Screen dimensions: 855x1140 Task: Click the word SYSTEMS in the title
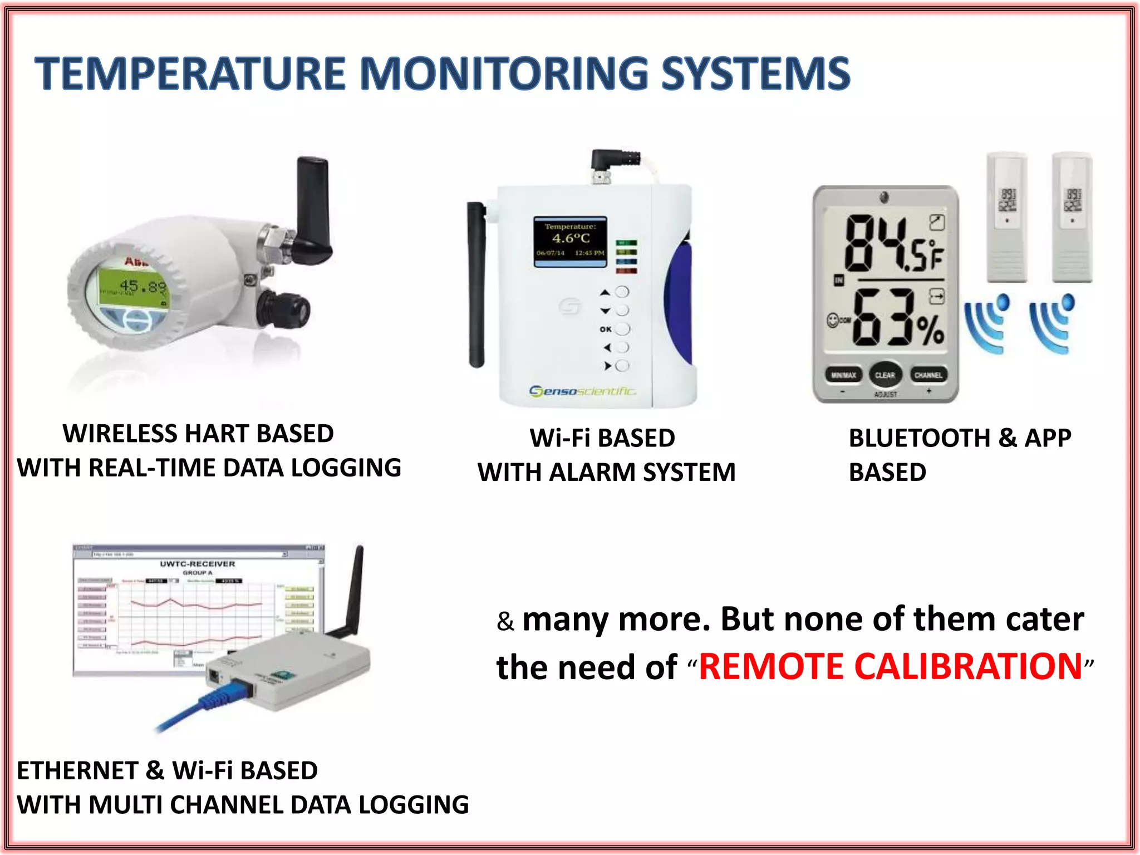(x=755, y=74)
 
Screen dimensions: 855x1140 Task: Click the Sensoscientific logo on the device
(x=582, y=391)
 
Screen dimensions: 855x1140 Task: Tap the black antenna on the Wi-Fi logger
(x=476, y=284)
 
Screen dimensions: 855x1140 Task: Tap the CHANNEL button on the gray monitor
(x=928, y=375)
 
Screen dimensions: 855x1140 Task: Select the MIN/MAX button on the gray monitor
(x=843, y=375)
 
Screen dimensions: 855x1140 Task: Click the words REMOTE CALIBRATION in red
(x=890, y=666)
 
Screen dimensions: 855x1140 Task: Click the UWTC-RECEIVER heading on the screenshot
(x=198, y=563)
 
